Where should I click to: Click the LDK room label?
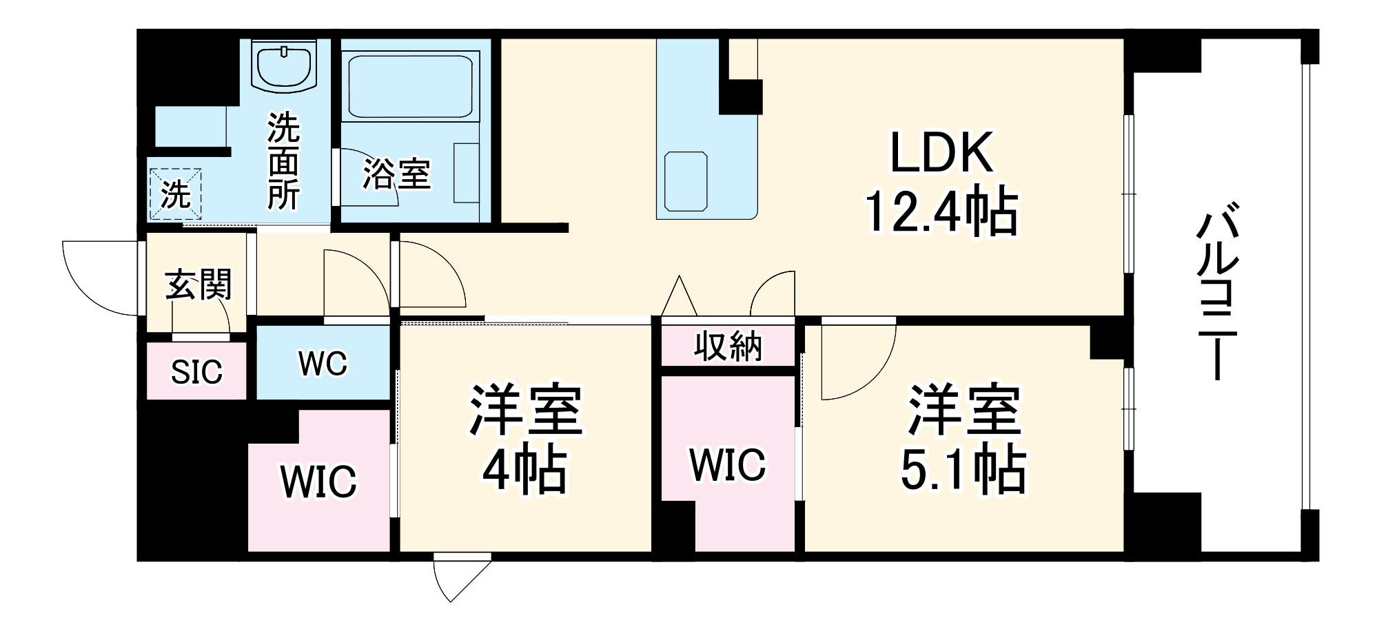(941, 153)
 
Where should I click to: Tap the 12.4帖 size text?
(941, 211)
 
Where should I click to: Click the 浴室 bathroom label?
(397, 174)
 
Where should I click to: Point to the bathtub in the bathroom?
(411, 87)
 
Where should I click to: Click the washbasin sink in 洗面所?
(283, 65)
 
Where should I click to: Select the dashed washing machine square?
(176, 194)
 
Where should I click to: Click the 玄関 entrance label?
(198, 285)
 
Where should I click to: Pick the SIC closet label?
(196, 373)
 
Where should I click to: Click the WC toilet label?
(323, 364)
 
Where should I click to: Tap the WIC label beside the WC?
(318, 481)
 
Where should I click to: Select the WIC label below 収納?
(728, 465)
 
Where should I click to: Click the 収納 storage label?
(728, 346)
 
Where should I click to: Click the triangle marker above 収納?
(680, 296)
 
